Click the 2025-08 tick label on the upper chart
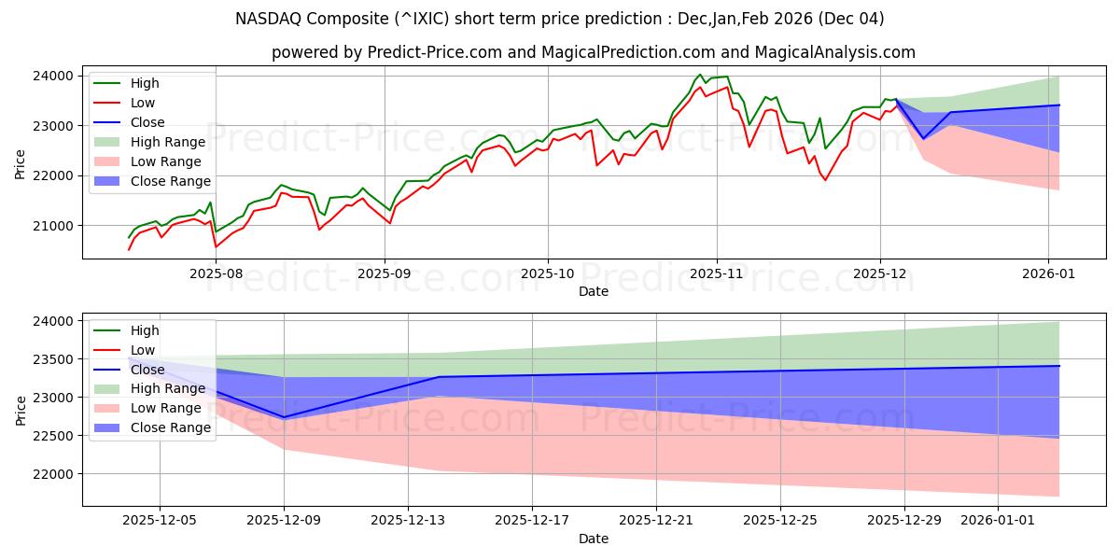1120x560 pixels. pos(216,274)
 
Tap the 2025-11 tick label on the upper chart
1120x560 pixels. pos(717,274)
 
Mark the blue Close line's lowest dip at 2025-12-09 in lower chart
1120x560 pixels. pos(285,417)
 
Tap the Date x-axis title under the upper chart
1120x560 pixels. pos(594,291)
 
